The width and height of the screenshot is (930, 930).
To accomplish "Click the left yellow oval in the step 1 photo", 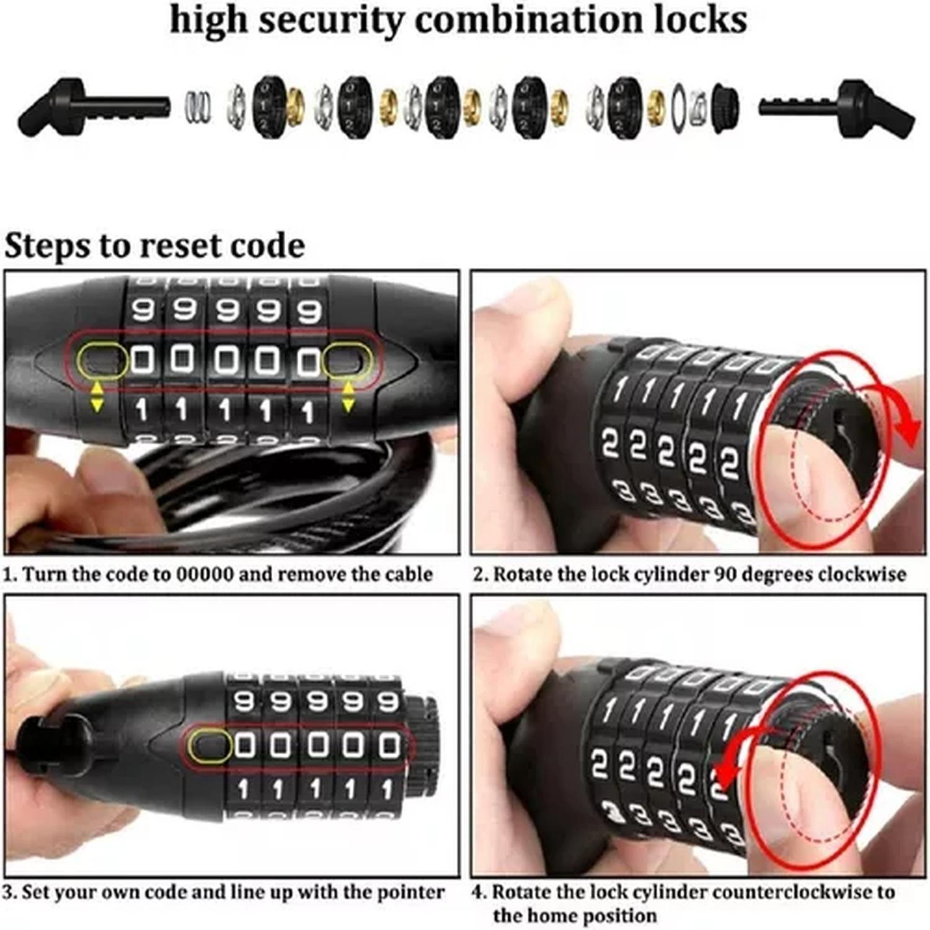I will click(102, 360).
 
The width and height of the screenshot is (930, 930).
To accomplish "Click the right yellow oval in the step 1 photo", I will click(347, 360).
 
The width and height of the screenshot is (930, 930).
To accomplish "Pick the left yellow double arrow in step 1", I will click(97, 397).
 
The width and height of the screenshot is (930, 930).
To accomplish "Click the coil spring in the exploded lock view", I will click(198, 107).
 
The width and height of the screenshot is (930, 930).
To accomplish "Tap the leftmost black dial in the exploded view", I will click(269, 107).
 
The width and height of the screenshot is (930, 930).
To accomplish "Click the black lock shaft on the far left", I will click(93, 107).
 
